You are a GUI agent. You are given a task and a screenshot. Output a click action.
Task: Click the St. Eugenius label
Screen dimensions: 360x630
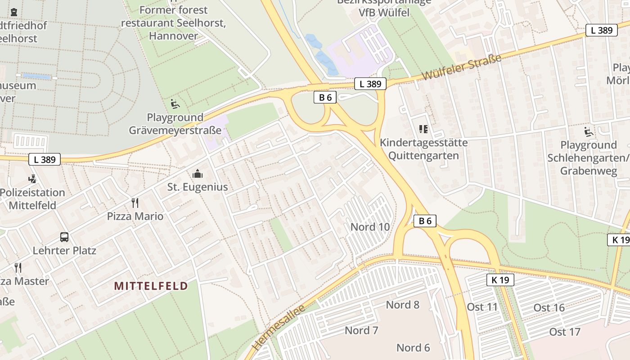click(x=198, y=187)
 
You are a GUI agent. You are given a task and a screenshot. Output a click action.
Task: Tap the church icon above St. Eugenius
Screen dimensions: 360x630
click(x=197, y=174)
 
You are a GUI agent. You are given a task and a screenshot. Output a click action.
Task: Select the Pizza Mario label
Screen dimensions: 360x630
click(x=135, y=216)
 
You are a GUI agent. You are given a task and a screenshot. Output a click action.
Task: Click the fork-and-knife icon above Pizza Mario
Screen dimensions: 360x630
click(x=135, y=202)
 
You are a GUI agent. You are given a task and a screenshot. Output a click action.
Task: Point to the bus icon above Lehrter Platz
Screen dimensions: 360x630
click(x=64, y=237)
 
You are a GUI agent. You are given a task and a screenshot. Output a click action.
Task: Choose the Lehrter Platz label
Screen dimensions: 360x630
click(x=64, y=250)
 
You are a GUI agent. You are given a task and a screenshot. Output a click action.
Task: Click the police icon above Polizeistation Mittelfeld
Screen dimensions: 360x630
click(x=32, y=179)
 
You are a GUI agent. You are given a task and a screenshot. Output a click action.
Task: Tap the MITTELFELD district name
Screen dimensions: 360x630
click(x=151, y=286)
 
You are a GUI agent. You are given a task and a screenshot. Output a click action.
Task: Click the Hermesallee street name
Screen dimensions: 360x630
click(x=279, y=327)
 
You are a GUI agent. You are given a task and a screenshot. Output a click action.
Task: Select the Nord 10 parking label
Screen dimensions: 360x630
click(x=370, y=227)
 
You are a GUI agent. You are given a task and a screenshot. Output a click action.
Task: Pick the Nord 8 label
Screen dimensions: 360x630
click(x=402, y=305)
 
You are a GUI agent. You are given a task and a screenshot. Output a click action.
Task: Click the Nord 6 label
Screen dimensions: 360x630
click(x=413, y=347)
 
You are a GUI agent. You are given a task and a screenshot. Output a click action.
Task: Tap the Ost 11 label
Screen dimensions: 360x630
click(x=482, y=307)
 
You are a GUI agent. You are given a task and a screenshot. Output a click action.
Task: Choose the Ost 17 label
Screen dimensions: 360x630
click(x=565, y=332)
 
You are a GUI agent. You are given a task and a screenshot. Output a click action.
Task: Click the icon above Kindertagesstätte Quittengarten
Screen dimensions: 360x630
click(x=423, y=130)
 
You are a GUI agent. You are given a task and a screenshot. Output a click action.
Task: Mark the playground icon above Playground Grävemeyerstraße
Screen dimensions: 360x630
click(x=175, y=104)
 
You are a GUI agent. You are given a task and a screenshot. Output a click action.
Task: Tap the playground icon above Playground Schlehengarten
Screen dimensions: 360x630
click(x=588, y=132)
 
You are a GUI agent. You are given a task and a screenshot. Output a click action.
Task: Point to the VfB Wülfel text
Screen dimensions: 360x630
click(x=384, y=13)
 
